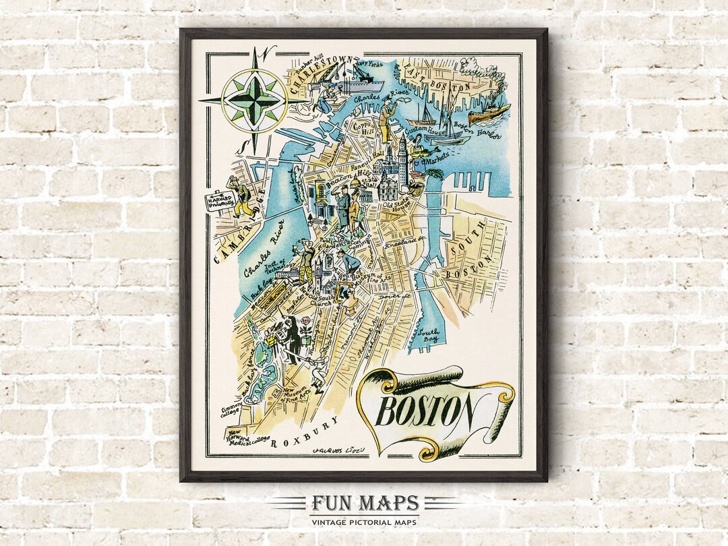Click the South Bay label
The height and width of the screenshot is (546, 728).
point(427,335)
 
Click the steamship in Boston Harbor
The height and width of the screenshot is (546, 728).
point(489,113)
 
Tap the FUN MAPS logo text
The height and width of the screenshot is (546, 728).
point(365,504)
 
